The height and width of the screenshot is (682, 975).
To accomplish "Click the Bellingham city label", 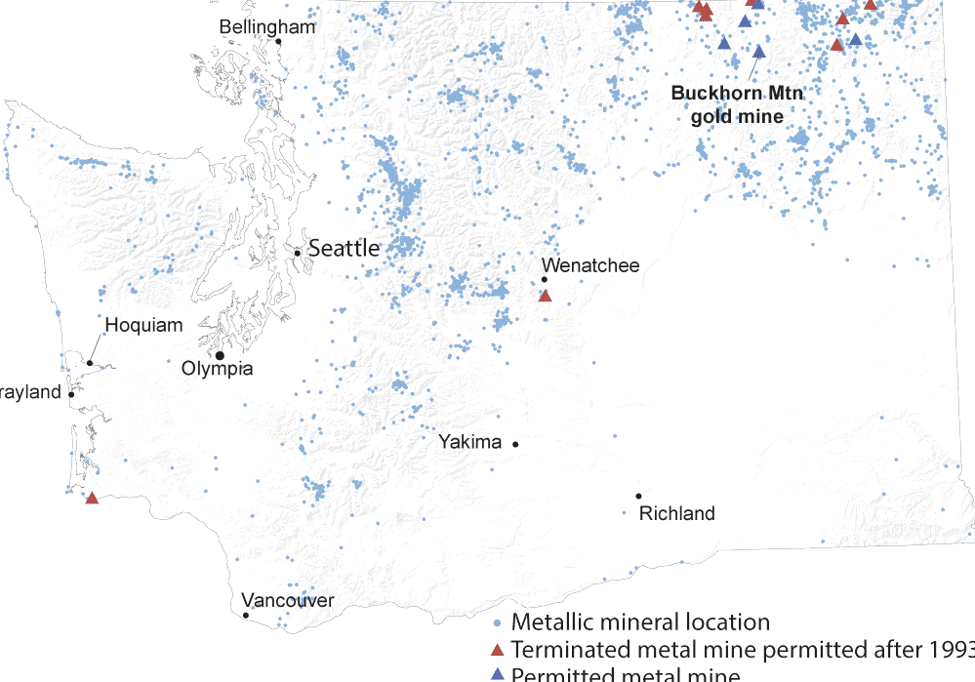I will pos(267,26).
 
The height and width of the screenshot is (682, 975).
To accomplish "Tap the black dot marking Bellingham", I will pos(278,41).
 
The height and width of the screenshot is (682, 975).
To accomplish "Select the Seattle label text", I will pos(344,249).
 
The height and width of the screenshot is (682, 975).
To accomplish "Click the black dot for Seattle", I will pos(298,253).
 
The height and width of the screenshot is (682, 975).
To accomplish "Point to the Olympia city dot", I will pos(220,355).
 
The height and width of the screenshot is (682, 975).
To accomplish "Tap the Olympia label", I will pos(218,369).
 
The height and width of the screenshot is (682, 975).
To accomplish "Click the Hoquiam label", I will pos(143,325).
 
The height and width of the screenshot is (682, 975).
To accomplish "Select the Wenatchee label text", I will pos(590,265).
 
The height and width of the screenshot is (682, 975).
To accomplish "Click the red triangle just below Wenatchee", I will pos(545,296).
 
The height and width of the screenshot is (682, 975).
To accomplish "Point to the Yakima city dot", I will pos(515,444).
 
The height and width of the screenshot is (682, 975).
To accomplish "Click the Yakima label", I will pos(469,442).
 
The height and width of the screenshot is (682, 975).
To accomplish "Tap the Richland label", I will pos(676,513).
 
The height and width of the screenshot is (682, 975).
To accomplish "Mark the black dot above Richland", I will pos(638,496).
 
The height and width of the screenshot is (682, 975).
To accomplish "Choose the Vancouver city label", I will pos(287,600).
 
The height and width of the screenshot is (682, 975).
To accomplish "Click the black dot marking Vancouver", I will pos(246,615).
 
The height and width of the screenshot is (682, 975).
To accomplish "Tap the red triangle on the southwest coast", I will pos(92,498).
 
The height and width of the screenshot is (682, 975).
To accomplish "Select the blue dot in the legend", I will pos(497,622).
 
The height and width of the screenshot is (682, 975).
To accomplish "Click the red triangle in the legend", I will pos(497,650).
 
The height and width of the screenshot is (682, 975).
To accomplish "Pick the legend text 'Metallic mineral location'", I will pos(640,622).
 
